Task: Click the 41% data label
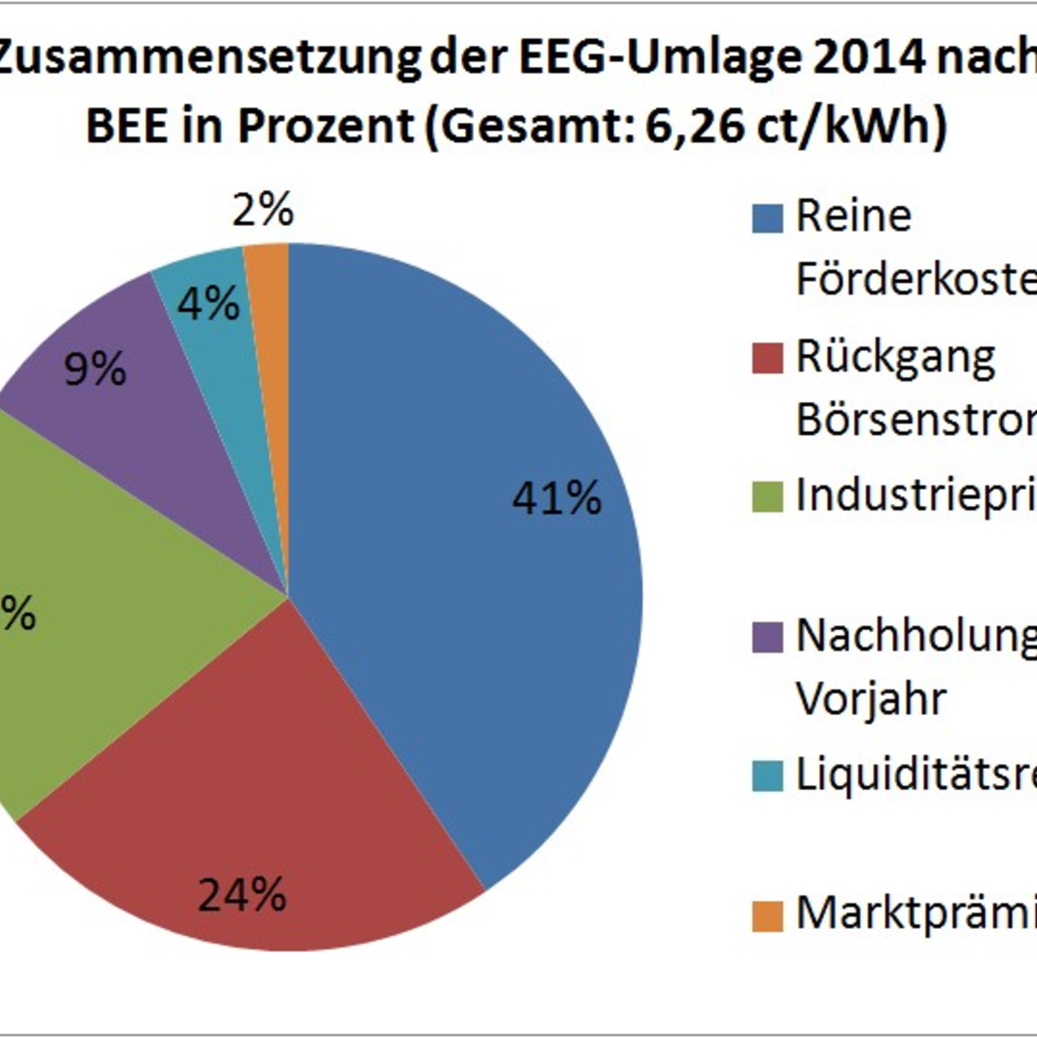tap(557, 499)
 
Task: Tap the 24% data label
tap(242, 895)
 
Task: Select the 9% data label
tap(95, 370)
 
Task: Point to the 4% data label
tap(208, 303)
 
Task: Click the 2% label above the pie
tap(263, 210)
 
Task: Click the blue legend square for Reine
tap(767, 218)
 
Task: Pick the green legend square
tap(767, 497)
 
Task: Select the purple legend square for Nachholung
tap(767, 637)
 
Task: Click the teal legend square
tap(767, 775)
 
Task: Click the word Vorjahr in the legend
tap(871, 698)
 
